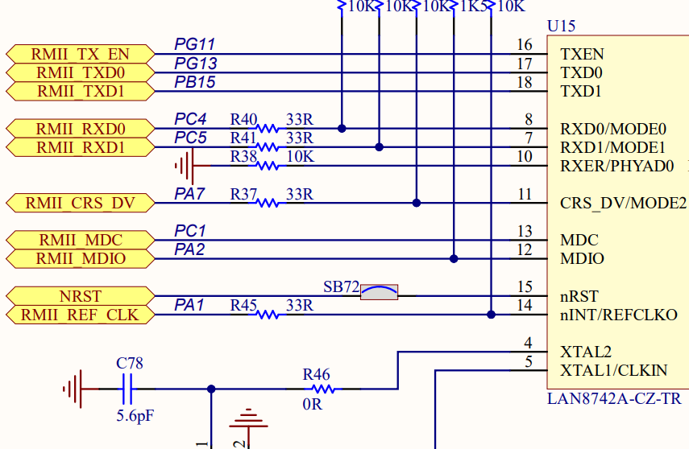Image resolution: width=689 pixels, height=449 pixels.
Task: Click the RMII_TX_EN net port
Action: click(x=79, y=54)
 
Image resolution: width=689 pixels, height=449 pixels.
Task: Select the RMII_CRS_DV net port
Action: click(x=79, y=203)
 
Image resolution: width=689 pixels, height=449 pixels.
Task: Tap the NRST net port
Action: click(x=79, y=296)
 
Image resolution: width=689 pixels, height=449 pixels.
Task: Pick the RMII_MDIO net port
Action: click(x=79, y=259)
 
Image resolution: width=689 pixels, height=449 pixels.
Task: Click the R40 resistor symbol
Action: click(x=268, y=128)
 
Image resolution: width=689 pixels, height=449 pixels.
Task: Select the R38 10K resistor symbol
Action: click(x=268, y=165)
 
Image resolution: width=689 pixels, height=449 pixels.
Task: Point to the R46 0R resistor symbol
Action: click(x=323, y=389)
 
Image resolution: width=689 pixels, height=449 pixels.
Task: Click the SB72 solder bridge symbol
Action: click(x=379, y=293)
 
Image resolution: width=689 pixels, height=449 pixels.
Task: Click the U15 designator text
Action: click(x=561, y=26)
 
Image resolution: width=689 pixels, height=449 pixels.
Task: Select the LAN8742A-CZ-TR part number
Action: click(x=613, y=398)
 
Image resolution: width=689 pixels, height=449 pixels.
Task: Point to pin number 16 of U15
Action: click(x=525, y=45)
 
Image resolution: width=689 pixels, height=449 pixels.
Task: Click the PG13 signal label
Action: click(x=195, y=64)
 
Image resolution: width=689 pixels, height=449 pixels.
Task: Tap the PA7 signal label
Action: click(x=190, y=194)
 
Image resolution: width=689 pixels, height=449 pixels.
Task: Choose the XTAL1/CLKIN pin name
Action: click(x=613, y=370)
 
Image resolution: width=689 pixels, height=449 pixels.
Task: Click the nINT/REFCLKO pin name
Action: click(x=618, y=315)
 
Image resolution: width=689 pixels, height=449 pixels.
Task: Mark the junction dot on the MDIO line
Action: click(x=454, y=259)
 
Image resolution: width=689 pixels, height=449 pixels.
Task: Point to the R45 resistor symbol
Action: click(x=268, y=315)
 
